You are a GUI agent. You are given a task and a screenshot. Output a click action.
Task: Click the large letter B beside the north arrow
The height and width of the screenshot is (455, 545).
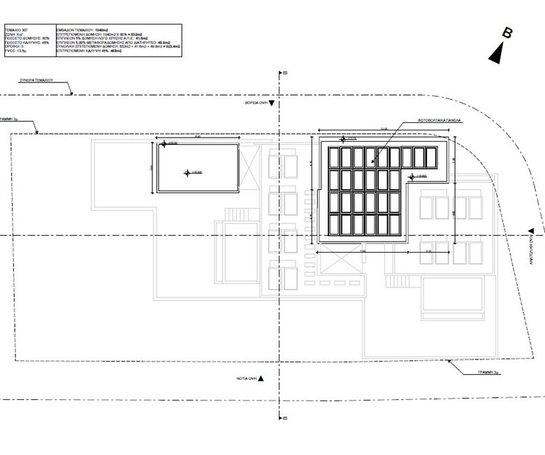(x=509, y=32)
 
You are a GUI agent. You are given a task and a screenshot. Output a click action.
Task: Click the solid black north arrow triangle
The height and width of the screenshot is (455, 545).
(x=497, y=51)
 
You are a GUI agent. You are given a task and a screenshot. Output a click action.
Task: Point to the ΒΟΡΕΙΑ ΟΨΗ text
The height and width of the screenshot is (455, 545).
(x=256, y=103)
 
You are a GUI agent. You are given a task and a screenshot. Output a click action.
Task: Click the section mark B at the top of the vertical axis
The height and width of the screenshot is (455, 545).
(x=285, y=71)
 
